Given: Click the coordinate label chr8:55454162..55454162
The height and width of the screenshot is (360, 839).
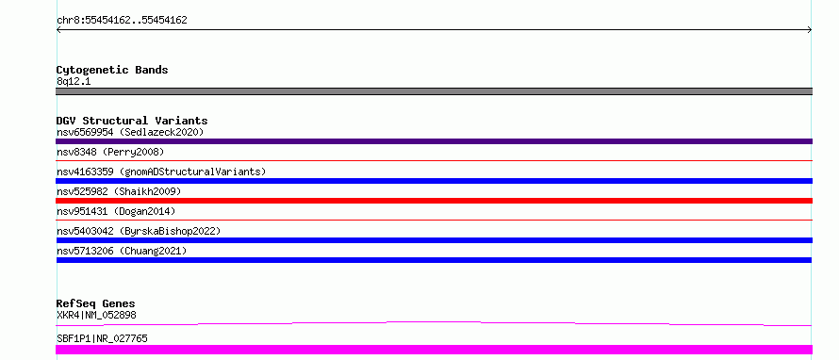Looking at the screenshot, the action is [122, 21].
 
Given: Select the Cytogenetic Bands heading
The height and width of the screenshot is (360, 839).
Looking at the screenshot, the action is [112, 70].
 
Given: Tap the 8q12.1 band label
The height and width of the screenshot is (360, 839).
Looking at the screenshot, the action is [74, 81].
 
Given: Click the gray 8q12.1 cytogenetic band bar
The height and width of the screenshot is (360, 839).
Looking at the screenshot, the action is [434, 91].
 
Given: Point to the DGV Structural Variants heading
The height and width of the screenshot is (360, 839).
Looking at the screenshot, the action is [132, 121].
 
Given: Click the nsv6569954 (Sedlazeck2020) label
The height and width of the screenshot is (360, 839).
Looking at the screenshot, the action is [130, 132].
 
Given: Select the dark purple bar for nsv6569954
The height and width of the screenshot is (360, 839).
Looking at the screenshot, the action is [434, 141].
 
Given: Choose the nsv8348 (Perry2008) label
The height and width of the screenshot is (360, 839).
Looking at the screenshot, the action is [110, 152].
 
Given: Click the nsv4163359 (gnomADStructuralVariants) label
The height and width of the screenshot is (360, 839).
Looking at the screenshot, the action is [161, 172].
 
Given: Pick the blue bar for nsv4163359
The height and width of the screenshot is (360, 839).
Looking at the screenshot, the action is [434, 181].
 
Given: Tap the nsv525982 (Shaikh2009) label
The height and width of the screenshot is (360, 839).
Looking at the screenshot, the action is [119, 191].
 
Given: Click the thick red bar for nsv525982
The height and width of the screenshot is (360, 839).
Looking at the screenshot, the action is [434, 201].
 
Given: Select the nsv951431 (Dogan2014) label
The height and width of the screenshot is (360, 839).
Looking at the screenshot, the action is [116, 211].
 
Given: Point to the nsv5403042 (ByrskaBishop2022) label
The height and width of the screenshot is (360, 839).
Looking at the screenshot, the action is [139, 231].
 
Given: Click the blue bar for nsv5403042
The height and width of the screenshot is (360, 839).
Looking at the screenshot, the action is [434, 240].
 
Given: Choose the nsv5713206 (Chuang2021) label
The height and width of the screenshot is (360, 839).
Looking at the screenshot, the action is [122, 251].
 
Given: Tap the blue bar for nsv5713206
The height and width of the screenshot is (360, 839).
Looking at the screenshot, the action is [434, 260].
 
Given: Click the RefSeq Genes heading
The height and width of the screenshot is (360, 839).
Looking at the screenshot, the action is [96, 303].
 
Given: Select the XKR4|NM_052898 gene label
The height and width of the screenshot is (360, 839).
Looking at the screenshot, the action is [96, 315].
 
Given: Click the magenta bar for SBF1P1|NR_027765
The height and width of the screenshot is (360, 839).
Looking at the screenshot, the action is [434, 350].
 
